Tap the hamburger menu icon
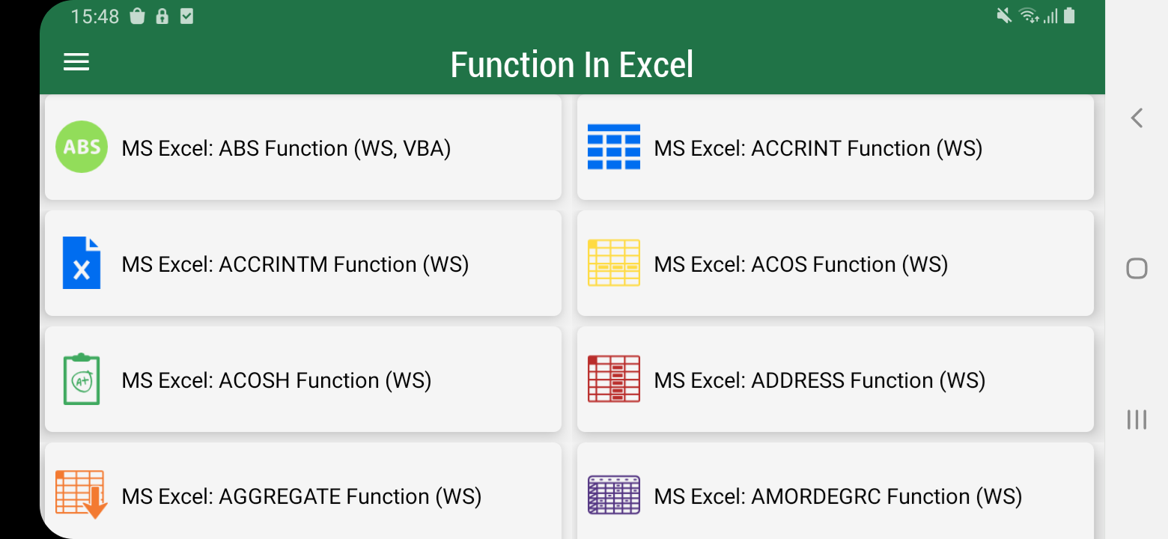[76, 61]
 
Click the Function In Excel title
[572, 64]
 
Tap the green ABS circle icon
[82, 147]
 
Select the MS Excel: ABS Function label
[286, 148]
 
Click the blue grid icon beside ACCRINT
[614, 147]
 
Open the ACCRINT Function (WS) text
[818, 148]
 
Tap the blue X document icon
[82, 263]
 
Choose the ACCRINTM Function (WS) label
[295, 265]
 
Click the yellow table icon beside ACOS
[614, 263]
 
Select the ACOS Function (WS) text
[801, 265]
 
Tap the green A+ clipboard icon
[82, 379]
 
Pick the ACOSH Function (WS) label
[276, 381]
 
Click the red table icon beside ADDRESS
[614, 379]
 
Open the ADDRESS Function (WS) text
[820, 381]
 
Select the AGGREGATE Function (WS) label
[302, 497]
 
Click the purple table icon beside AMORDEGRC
[614, 495]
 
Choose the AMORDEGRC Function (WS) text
[838, 497]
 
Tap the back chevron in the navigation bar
[1137, 118]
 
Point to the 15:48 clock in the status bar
[95, 16]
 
